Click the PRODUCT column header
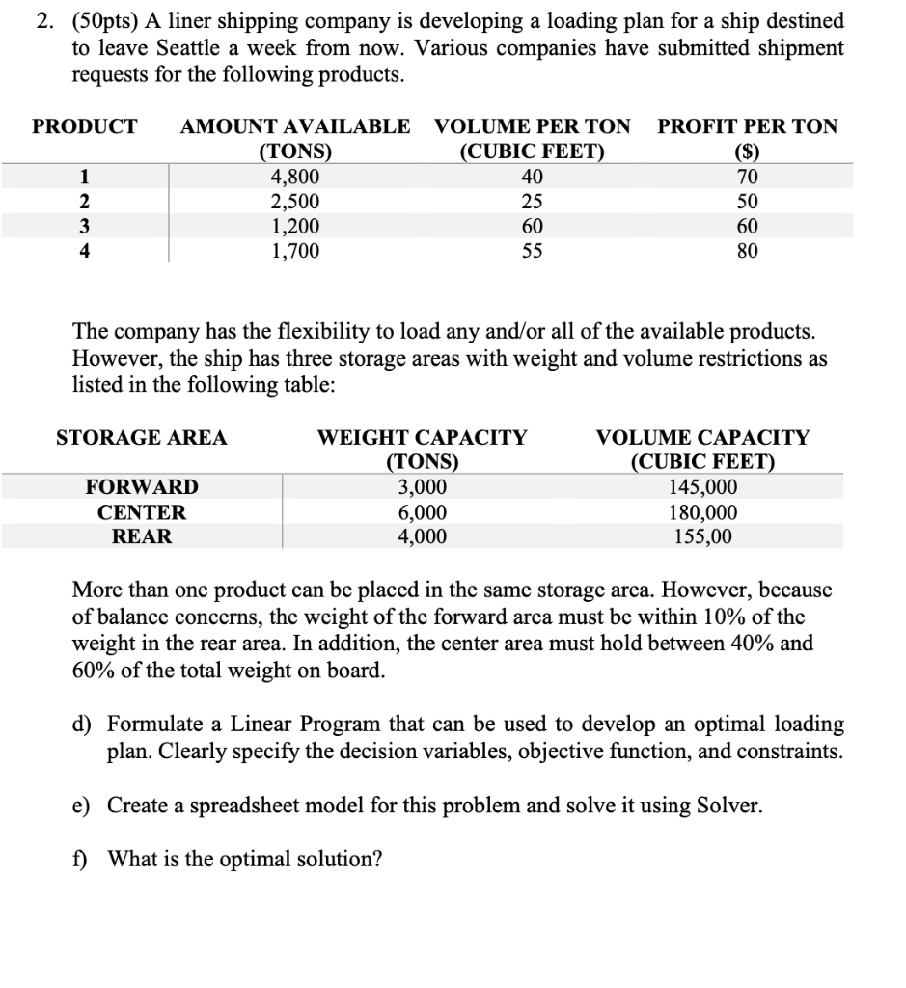(85, 126)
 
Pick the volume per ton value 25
(532, 203)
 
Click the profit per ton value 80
(747, 252)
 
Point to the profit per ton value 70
(747, 178)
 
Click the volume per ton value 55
(532, 252)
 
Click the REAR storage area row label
(142, 537)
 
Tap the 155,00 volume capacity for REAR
(702, 537)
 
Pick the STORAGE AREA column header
(142, 438)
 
